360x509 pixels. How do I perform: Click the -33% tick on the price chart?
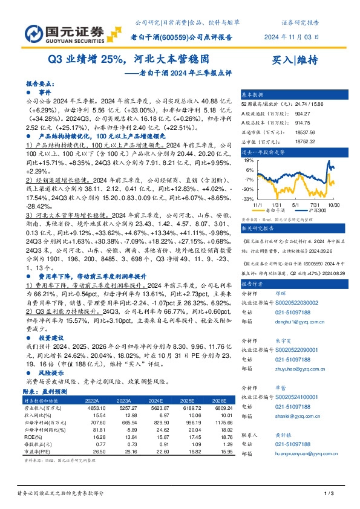(x=248, y=199)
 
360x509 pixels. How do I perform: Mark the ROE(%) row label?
(x=37, y=436)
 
